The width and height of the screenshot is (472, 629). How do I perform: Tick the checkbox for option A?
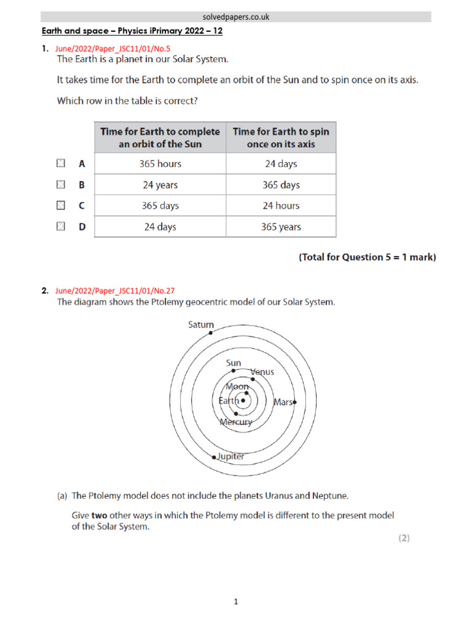(60, 163)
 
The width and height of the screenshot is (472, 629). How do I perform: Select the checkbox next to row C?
(60, 205)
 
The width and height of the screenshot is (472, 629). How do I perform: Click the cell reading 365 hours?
(160, 164)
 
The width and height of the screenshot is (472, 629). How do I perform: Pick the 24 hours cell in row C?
(281, 206)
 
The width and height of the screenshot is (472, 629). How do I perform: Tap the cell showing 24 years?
(160, 185)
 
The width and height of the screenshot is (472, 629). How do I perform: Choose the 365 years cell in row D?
(281, 227)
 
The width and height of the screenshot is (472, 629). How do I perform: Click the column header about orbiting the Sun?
(160, 138)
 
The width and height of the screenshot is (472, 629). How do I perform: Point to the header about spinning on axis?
(281, 138)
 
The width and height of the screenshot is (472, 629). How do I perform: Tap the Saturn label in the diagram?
(201, 324)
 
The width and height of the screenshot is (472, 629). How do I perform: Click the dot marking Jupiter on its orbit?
(214, 458)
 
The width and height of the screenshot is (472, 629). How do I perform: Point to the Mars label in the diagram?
(283, 402)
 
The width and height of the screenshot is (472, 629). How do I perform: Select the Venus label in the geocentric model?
(263, 372)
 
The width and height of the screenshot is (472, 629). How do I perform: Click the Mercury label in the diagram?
(235, 422)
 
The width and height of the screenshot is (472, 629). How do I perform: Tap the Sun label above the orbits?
(234, 363)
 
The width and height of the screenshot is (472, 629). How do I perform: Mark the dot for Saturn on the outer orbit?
(211, 332)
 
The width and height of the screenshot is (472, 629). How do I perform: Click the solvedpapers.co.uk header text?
(236, 17)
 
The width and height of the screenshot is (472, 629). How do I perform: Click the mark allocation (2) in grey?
(403, 538)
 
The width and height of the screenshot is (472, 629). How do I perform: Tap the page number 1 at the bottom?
(236, 602)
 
